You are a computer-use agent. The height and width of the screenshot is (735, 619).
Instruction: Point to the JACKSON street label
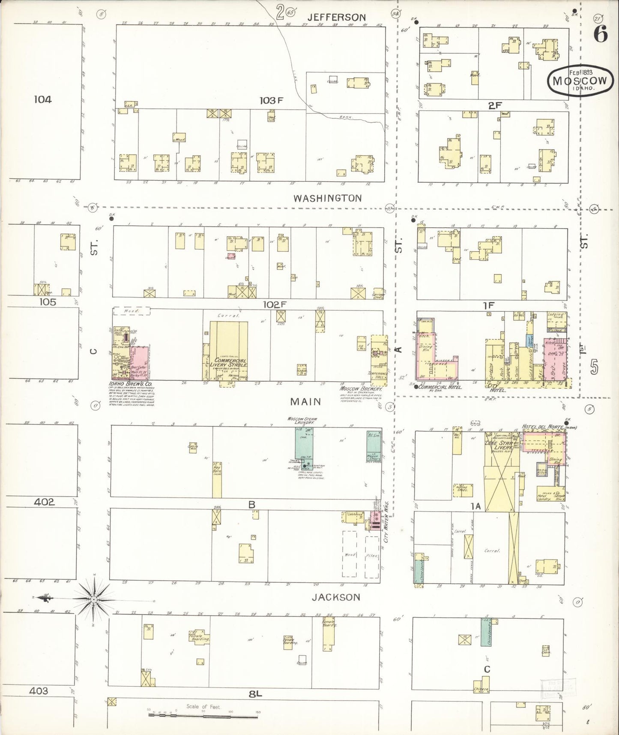tap(335, 597)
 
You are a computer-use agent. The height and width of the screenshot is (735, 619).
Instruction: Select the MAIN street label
tap(306, 401)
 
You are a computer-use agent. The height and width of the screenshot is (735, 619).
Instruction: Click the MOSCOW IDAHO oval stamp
tap(579, 80)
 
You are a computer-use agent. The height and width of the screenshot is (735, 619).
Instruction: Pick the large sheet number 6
tap(600, 34)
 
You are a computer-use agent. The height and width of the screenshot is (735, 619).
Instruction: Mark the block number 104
tap(43, 99)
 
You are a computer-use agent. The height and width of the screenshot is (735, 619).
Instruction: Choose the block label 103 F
tap(272, 100)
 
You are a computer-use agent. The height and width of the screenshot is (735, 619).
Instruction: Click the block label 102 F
tap(274, 304)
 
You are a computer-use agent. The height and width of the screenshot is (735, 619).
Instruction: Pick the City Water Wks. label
tap(388, 527)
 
